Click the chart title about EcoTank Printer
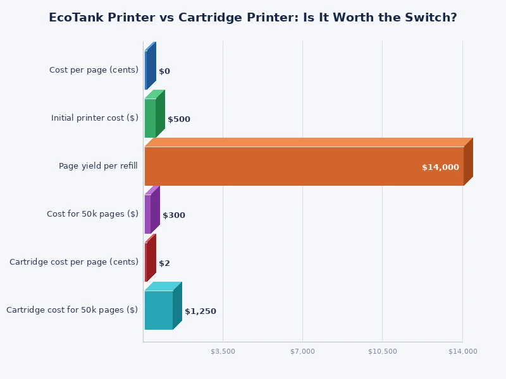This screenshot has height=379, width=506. pos(253,18)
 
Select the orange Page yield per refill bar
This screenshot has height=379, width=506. pos(304,166)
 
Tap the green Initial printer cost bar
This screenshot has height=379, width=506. pos(151,118)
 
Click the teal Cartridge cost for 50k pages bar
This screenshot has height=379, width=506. pos(159,310)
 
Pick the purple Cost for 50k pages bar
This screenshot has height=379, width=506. pos(149,214)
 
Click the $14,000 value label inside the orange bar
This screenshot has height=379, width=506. pos(440,167)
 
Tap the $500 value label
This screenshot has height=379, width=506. pos(179,119)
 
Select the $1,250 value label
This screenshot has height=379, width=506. pos(201,311)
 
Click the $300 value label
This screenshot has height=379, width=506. pos(174,215)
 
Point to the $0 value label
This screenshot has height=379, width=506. pos(164,71)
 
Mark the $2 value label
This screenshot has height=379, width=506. pos(164,263)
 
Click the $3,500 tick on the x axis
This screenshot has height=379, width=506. pos(223,351)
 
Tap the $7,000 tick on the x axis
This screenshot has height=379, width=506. pos(302,351)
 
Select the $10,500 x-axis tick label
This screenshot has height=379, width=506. pos(383,351)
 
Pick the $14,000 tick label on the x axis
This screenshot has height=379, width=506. pos(463,351)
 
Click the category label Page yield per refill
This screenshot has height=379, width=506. pos(98,166)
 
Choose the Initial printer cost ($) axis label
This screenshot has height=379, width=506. pos(95,118)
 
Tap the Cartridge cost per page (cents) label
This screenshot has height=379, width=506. pos(74,262)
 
